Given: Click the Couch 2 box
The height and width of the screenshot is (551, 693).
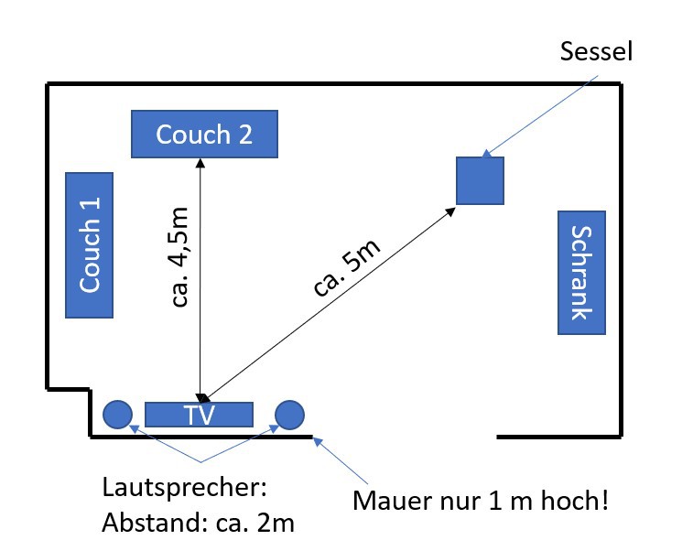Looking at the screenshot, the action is pyautogui.click(x=205, y=134).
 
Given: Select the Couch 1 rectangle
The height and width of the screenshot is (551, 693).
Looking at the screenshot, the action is pyautogui.click(x=90, y=245).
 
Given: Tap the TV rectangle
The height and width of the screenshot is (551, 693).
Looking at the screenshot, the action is pyautogui.click(x=200, y=415).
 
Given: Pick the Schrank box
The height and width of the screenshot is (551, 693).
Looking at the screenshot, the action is pyautogui.click(x=581, y=273).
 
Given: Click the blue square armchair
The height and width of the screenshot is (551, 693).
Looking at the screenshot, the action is pyautogui.click(x=480, y=180).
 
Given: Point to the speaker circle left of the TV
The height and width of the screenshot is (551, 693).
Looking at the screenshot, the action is pyautogui.click(x=117, y=415).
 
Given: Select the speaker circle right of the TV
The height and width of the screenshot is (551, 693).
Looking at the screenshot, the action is pyautogui.click(x=289, y=415).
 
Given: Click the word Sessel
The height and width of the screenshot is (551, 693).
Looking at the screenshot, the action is pyautogui.click(x=596, y=51).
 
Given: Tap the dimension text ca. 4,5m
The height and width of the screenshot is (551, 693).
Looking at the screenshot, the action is pyautogui.click(x=179, y=256).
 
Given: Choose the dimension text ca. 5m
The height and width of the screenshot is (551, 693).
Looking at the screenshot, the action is pyautogui.click(x=346, y=268).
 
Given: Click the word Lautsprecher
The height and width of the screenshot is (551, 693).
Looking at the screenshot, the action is pyautogui.click(x=185, y=487).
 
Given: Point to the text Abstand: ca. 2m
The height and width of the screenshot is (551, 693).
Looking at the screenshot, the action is pyautogui.click(x=198, y=523).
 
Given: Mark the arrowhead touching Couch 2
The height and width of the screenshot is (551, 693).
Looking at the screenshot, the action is pyautogui.click(x=200, y=163).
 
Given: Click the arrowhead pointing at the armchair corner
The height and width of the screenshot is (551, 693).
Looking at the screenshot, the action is pyautogui.click(x=450, y=212).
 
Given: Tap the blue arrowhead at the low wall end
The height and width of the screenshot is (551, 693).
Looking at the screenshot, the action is pyautogui.click(x=318, y=441).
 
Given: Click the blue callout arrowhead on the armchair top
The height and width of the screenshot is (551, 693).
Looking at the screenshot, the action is pyautogui.click(x=486, y=154).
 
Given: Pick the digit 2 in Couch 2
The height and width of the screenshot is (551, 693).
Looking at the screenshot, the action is pyautogui.click(x=245, y=135).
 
